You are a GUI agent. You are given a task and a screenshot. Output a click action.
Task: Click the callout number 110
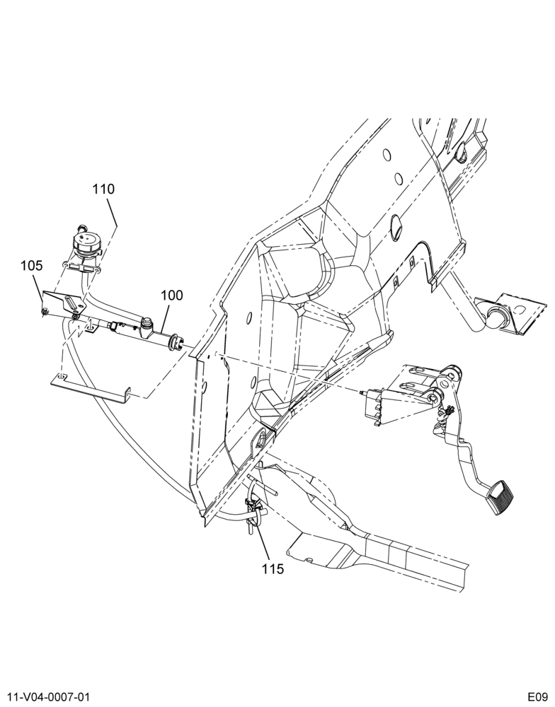point(104,189)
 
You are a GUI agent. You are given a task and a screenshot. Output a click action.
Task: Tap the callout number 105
point(32,266)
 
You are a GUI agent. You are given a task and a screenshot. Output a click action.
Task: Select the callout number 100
point(171,296)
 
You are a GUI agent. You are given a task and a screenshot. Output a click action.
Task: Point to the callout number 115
point(273,569)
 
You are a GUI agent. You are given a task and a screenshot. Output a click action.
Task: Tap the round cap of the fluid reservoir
point(87,242)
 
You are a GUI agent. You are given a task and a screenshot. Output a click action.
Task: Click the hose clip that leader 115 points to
point(253,506)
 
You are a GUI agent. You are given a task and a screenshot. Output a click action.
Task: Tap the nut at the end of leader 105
point(45,310)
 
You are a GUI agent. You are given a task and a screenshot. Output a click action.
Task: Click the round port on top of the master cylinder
point(146,322)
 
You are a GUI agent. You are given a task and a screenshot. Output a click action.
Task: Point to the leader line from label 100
point(165,319)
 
